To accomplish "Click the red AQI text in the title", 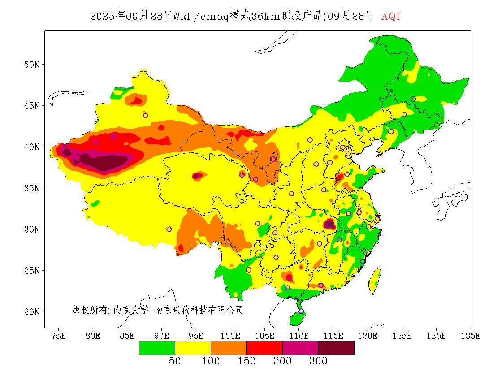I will (x=390, y=17).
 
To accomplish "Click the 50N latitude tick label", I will (x=32, y=65).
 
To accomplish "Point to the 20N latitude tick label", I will (x=32, y=312).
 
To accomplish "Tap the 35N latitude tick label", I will (x=32, y=188).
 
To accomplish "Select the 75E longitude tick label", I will (x=58, y=336).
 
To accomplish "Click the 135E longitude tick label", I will (x=471, y=336).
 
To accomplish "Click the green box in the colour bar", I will (x=157, y=347).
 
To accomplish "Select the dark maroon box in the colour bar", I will (x=336, y=347).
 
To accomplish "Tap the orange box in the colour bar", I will (x=229, y=347).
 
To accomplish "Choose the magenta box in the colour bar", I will (x=300, y=347).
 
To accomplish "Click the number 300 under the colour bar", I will (x=318, y=361).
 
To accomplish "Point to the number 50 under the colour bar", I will (x=175, y=361).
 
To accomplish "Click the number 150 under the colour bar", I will (x=246, y=361).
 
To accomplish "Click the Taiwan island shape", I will (x=375, y=281).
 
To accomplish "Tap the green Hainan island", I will (x=297, y=318).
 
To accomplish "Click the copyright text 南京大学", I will (x=130, y=310).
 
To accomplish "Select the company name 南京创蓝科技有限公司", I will (x=199, y=310).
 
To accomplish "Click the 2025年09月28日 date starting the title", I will (x=131, y=17).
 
